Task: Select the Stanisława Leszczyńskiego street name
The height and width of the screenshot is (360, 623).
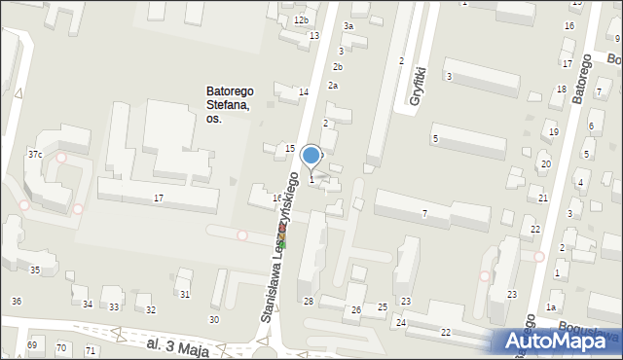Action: pyautogui.click(x=280, y=255)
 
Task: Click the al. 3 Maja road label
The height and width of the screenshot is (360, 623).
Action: pyautogui.click(x=166, y=344)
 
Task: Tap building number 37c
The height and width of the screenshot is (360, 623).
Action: pyautogui.click(x=35, y=155)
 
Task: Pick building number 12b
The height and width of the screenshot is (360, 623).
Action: pyautogui.click(x=301, y=20)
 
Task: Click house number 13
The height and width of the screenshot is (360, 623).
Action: pyautogui.click(x=314, y=36)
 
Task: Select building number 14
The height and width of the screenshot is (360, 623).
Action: pyautogui.click(x=304, y=91)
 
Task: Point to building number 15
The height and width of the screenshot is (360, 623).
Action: pyautogui.click(x=290, y=148)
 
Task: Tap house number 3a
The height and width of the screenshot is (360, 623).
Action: pyautogui.click(x=348, y=26)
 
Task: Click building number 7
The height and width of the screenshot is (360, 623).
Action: pyautogui.click(x=424, y=213)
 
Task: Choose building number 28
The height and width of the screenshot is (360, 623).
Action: pyautogui.click(x=309, y=302)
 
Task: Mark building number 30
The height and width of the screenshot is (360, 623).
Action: pyautogui.click(x=214, y=319)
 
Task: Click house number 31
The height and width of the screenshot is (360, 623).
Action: pyautogui.click(x=185, y=295)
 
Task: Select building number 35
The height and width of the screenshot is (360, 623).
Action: pyautogui.click(x=35, y=270)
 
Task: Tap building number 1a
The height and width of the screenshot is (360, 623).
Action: pyautogui.click(x=551, y=307)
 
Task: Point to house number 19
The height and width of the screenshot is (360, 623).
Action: pyautogui.click(x=554, y=132)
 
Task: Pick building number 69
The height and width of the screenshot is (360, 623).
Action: pyautogui.click(x=32, y=345)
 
